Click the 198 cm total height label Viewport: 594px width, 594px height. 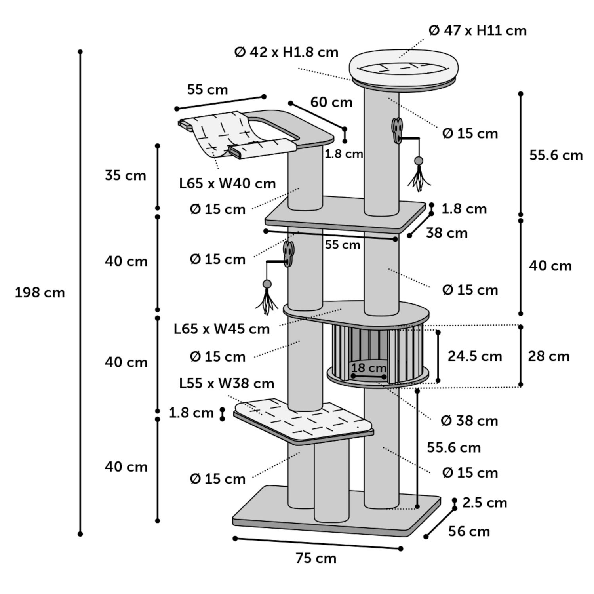click(x=40, y=293)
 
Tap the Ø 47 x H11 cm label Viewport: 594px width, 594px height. click(x=478, y=30)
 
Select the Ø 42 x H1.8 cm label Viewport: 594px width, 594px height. click(x=286, y=52)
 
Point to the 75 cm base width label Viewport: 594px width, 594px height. click(x=316, y=558)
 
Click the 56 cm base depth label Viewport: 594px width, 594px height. click(x=469, y=531)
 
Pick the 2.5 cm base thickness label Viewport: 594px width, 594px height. click(x=484, y=503)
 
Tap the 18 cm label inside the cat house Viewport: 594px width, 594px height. click(x=369, y=367)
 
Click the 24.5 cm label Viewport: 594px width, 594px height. click(x=475, y=356)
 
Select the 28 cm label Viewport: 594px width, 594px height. click(x=548, y=356)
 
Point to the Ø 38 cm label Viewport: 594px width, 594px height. click(x=469, y=421)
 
